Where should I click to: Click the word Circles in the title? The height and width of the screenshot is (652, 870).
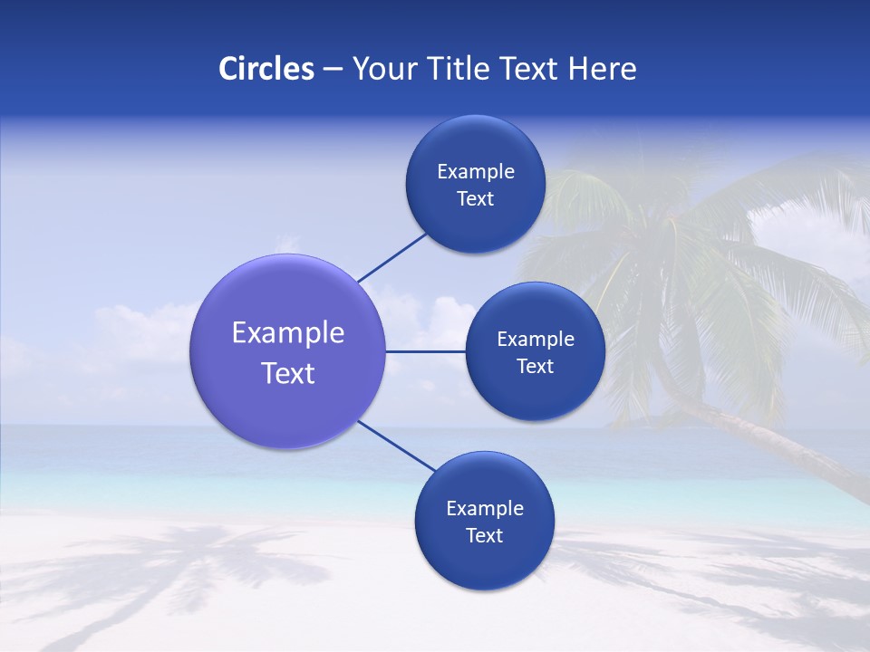point(266,69)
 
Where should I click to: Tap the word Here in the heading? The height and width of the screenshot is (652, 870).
point(602,69)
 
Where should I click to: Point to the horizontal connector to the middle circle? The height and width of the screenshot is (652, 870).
point(425,351)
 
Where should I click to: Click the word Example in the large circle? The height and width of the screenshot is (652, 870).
point(287,333)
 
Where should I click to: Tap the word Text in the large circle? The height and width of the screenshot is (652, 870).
point(287,373)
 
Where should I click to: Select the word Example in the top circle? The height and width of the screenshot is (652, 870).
point(475,172)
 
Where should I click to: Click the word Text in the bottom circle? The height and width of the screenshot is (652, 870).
point(484,536)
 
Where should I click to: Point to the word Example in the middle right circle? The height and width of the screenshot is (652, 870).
point(535,340)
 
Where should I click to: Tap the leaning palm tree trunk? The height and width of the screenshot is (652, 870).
point(770,444)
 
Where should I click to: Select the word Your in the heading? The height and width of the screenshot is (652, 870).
point(378,69)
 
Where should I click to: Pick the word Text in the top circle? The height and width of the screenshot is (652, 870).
point(475,199)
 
